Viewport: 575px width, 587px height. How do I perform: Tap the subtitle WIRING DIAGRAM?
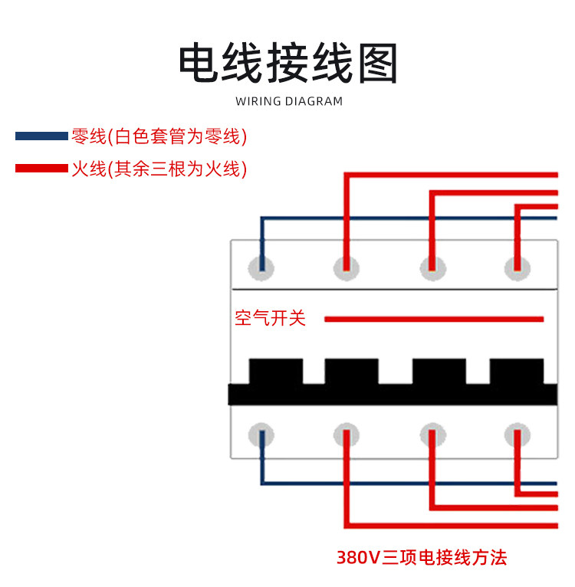[x=289, y=101]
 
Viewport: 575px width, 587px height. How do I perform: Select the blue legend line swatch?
[x=41, y=136]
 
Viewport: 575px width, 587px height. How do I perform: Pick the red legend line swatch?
[x=41, y=168]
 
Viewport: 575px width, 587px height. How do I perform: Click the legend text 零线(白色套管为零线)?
[x=159, y=137]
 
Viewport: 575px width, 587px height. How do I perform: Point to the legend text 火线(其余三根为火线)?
[x=159, y=169]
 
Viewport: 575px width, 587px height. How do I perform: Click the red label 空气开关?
[x=270, y=318]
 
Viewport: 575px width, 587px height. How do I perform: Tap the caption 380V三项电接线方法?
[x=422, y=557]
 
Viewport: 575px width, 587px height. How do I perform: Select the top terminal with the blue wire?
[x=261, y=267]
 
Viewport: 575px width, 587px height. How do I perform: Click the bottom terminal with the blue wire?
[x=261, y=435]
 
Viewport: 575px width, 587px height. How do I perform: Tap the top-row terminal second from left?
[x=347, y=267]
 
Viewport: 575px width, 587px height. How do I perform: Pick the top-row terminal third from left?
[x=433, y=267]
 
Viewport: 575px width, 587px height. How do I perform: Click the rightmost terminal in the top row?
[x=517, y=267]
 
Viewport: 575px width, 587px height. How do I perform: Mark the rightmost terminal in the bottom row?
[x=517, y=435]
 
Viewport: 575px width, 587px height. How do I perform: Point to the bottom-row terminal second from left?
[x=347, y=435]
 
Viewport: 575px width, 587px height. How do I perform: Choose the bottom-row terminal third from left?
[x=433, y=435]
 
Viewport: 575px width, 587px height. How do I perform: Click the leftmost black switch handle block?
[x=276, y=372]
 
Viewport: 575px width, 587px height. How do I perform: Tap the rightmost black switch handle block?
[x=517, y=372]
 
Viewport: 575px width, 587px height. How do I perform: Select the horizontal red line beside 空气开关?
[x=434, y=319]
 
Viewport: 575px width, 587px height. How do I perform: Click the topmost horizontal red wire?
[x=452, y=175]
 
